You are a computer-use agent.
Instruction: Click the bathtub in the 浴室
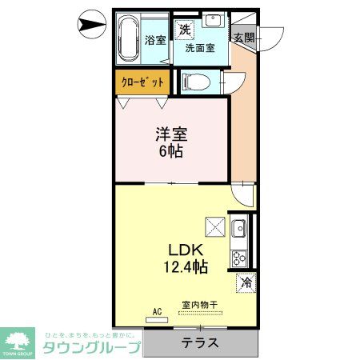(x=128, y=37)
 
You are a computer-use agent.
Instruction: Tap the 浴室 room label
(x=154, y=39)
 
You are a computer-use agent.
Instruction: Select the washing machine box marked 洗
(x=185, y=30)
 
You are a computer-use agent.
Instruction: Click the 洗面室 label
(x=200, y=48)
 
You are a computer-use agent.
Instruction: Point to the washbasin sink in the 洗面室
(x=214, y=21)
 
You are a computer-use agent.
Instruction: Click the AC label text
(x=157, y=312)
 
